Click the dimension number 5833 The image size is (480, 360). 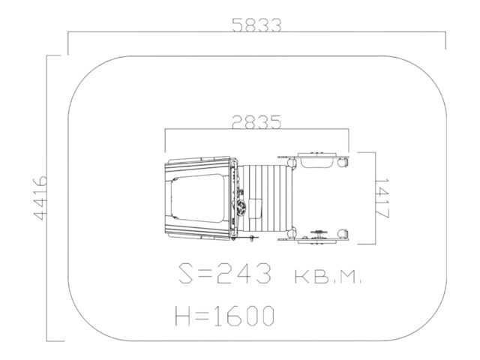pos(256,25)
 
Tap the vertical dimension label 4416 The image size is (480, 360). pos(40,198)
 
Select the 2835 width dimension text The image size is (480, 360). pos(256,122)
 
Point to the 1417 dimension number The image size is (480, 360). pos(382,199)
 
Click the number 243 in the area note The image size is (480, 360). pos(244,273)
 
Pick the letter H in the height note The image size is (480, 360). pos(182,316)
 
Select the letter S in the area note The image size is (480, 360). pos(187,273)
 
